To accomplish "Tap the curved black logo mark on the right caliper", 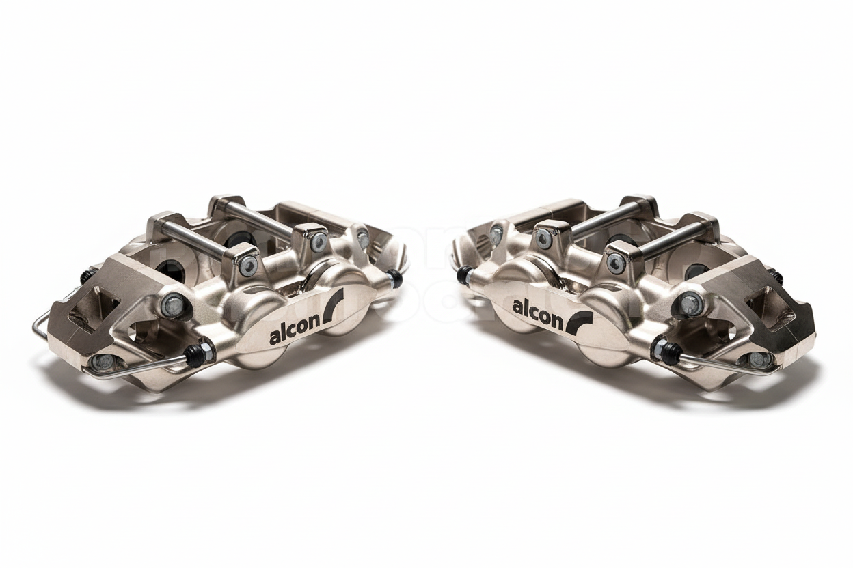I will pos(579,322).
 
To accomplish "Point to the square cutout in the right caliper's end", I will pos(768,306).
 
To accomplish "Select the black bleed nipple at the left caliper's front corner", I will pos(199,354).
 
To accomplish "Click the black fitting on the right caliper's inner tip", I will pos(465,274).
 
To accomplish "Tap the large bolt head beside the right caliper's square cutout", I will pos(690,302).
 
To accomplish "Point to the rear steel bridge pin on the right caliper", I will pos(601,217).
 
